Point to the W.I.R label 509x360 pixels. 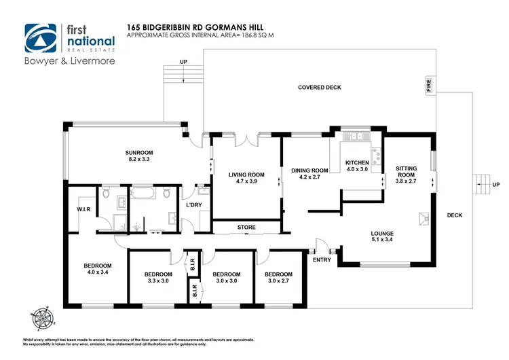pyautogui.click(x=84, y=209)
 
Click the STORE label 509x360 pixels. pyautogui.click(x=245, y=227)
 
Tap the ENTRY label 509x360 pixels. pyautogui.click(x=322, y=259)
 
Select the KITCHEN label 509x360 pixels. pyautogui.click(x=356, y=163)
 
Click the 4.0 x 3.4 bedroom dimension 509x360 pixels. pyautogui.click(x=97, y=272)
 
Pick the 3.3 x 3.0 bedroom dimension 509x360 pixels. pyautogui.click(x=157, y=282)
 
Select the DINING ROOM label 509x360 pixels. pyautogui.click(x=309, y=170)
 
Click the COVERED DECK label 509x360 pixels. pyautogui.click(x=320, y=88)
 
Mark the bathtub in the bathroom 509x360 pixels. pyautogui.click(x=143, y=195)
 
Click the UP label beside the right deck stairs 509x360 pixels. pyautogui.click(x=496, y=185)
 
